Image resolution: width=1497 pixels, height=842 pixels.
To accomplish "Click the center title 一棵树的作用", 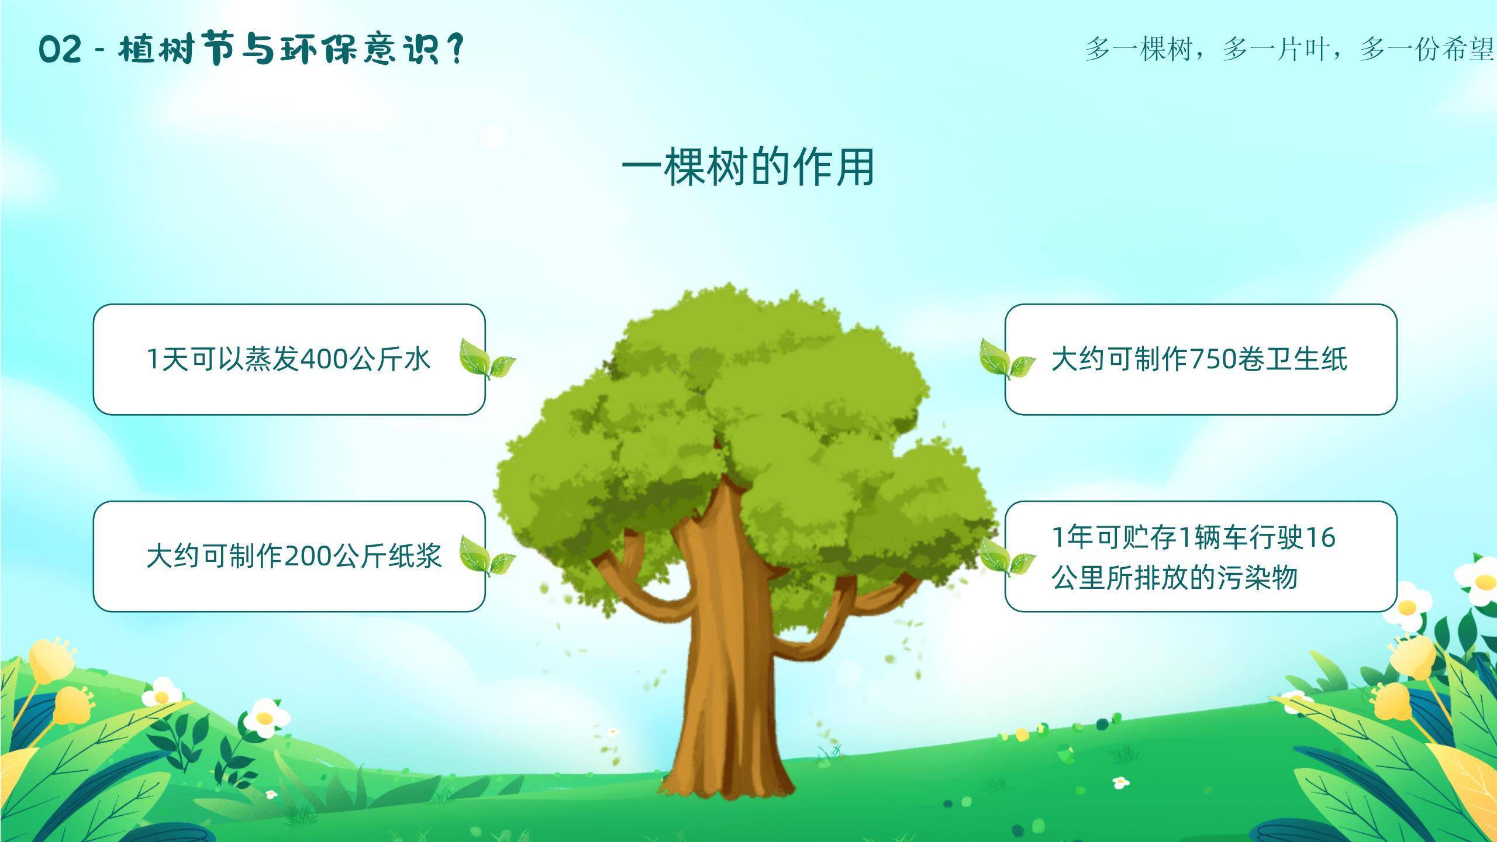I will click(748, 168).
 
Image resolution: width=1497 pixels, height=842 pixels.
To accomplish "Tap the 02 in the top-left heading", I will click(60, 50).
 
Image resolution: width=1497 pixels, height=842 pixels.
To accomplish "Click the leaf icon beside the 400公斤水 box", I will click(487, 359).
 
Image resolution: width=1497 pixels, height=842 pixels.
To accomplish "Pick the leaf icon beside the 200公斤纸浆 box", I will click(487, 556).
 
